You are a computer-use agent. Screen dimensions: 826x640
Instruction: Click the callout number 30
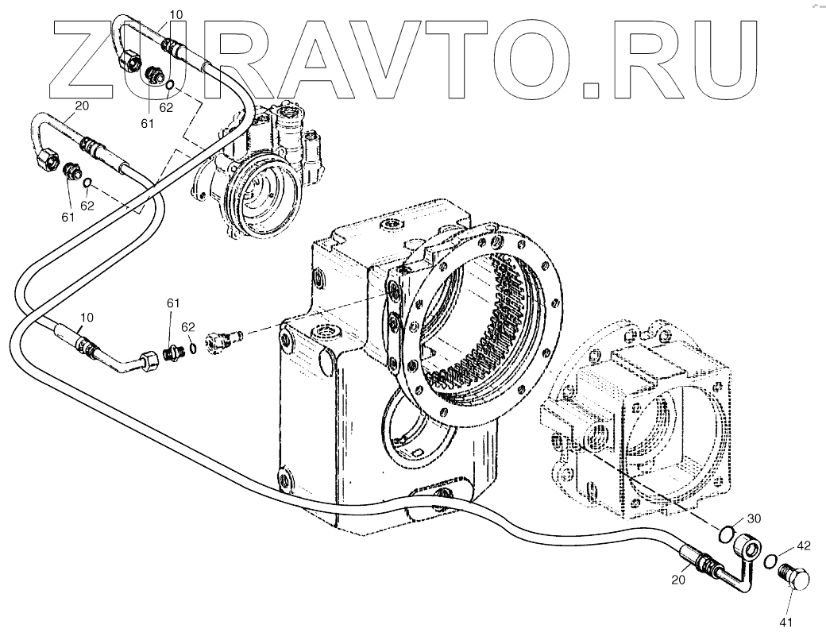pos(754,519)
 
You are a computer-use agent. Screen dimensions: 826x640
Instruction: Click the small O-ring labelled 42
pos(769,562)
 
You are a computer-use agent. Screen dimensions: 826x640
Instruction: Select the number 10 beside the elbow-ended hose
pos(87,318)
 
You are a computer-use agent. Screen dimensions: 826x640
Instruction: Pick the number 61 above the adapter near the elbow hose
pos(172,303)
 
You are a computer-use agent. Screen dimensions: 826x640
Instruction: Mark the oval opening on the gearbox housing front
pos(410,429)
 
